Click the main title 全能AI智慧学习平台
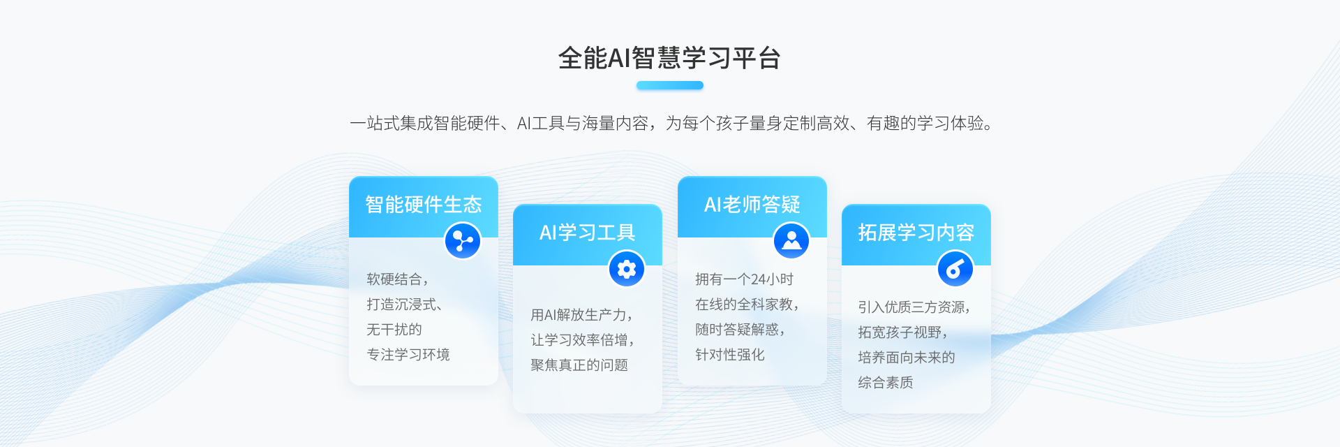pyautogui.click(x=669, y=58)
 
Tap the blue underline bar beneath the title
pyautogui.click(x=669, y=85)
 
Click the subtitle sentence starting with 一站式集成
pyautogui.click(x=670, y=124)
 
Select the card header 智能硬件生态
pyautogui.click(x=423, y=204)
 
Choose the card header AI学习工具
pyautogui.click(x=587, y=232)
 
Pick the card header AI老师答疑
pyautogui.click(x=752, y=204)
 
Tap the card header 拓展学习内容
pyautogui.click(x=916, y=232)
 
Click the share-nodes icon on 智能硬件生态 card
pyautogui.click(x=463, y=241)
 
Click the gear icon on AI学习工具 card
pyautogui.click(x=627, y=269)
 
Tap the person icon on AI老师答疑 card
pyautogui.click(x=791, y=241)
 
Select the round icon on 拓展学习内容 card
pyautogui.click(x=955, y=269)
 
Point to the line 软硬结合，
pyautogui.click(x=398, y=279)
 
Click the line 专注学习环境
pyautogui.click(x=408, y=355)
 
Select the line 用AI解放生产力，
pyautogui.click(x=582, y=315)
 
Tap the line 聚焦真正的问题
pyautogui.click(x=579, y=365)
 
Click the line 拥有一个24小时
pyautogui.click(x=744, y=279)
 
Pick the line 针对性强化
pyautogui.click(x=730, y=355)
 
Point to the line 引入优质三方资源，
pyautogui.click(x=914, y=307)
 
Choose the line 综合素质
pyautogui.click(x=886, y=383)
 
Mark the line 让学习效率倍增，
pyautogui.click(x=583, y=340)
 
